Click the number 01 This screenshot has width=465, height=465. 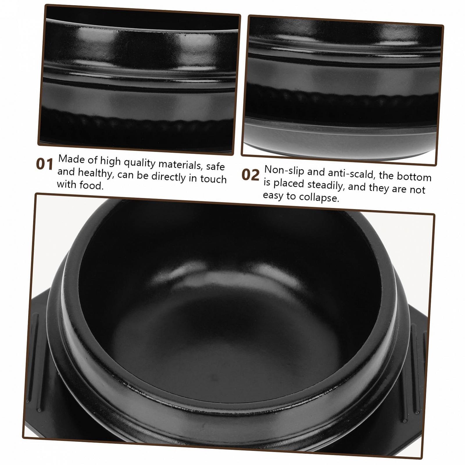(x=44, y=164)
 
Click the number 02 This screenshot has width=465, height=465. (x=250, y=175)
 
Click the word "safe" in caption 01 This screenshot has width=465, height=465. (x=215, y=167)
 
